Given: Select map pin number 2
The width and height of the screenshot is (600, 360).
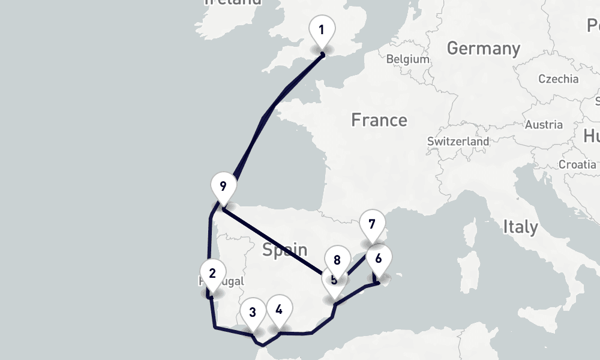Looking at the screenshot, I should coord(212,274).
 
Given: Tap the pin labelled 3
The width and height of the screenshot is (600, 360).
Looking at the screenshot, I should coord(253,312).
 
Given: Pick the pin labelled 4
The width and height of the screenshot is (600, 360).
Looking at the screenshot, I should coord(279,310).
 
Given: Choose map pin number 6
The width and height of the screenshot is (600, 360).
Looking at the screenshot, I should coord(378,259).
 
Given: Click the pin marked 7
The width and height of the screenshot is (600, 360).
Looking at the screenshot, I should coord(372,225).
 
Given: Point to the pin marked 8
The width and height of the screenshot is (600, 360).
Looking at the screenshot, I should coord(337,260).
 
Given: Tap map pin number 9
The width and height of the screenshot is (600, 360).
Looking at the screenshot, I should coord(223,186).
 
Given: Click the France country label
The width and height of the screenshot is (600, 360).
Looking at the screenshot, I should coord(379,120).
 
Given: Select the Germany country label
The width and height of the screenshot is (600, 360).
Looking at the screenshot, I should coord(483,48).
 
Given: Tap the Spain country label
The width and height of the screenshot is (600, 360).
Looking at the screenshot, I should coord(285,250).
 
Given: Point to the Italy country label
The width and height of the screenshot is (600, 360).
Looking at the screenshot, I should coord(520,227).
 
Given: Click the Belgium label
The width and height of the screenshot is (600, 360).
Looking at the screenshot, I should coord(408,59).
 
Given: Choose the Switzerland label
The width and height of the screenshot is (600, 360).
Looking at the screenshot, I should coord(458,142).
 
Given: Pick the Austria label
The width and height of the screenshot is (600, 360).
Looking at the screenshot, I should coord(544,125).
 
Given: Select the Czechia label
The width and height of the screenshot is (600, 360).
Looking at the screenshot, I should coord(558,79).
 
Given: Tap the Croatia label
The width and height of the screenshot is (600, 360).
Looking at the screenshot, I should coord(577,164).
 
